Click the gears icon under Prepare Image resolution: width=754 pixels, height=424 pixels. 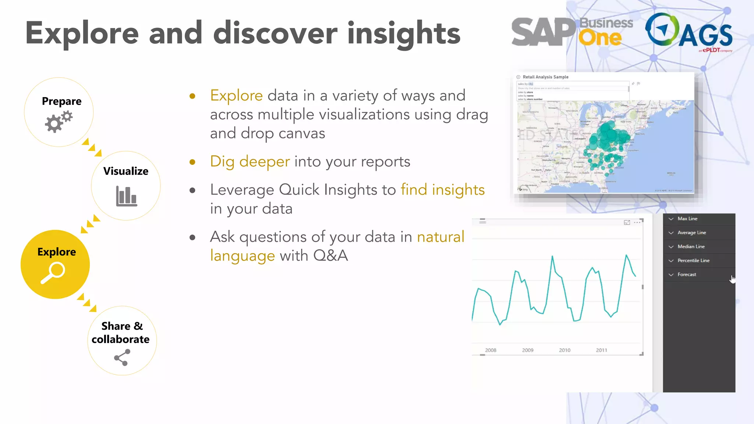[58, 123]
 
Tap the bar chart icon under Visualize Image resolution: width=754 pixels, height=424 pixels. [126, 196]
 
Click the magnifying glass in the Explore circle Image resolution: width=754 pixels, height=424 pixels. [53, 273]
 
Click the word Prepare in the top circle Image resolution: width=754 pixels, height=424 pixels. [61, 101]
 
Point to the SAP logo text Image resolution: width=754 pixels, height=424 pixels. [543, 32]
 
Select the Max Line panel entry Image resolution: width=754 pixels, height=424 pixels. [687, 219]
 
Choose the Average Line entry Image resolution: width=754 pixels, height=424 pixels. [691, 233]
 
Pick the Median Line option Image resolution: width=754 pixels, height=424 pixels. [691, 247]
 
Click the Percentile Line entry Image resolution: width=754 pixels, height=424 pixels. [693, 261]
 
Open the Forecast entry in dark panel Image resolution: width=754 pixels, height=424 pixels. [687, 275]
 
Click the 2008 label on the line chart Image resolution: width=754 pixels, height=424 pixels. [490, 350]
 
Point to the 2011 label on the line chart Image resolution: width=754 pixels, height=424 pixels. [601, 350]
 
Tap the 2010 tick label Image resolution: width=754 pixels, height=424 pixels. [564, 350]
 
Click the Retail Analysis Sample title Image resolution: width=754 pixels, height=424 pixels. [545, 77]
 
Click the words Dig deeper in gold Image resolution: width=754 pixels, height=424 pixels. [250, 162]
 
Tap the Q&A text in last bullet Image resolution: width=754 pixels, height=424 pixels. [330, 255]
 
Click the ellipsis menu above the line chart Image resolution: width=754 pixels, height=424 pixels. [637, 222]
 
